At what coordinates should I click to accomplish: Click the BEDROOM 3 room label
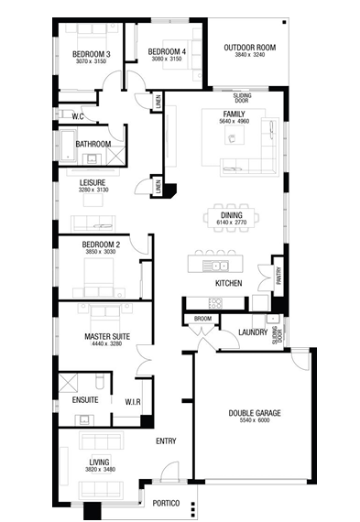[92, 54]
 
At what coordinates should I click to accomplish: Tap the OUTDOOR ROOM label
[250, 48]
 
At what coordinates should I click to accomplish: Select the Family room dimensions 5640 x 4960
[234, 121]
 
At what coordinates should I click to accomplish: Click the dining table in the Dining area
[231, 218]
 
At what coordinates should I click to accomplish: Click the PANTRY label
[279, 276]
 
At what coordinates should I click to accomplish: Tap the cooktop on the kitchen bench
[215, 303]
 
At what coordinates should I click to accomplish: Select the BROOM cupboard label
[202, 319]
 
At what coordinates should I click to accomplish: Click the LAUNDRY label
[253, 332]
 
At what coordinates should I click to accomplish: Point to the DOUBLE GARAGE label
[255, 413]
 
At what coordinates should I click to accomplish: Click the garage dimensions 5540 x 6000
[255, 420]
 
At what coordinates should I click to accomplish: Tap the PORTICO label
[166, 503]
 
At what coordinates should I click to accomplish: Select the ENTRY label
[166, 441]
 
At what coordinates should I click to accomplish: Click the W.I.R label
[133, 402]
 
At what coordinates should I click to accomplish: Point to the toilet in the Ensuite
[100, 381]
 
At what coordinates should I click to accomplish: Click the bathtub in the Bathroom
[68, 146]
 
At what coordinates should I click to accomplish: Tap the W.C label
[78, 116]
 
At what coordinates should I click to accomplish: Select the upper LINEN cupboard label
[158, 102]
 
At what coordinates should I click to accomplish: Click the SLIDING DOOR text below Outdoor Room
[242, 98]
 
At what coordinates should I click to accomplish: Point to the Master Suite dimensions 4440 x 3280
[107, 343]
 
